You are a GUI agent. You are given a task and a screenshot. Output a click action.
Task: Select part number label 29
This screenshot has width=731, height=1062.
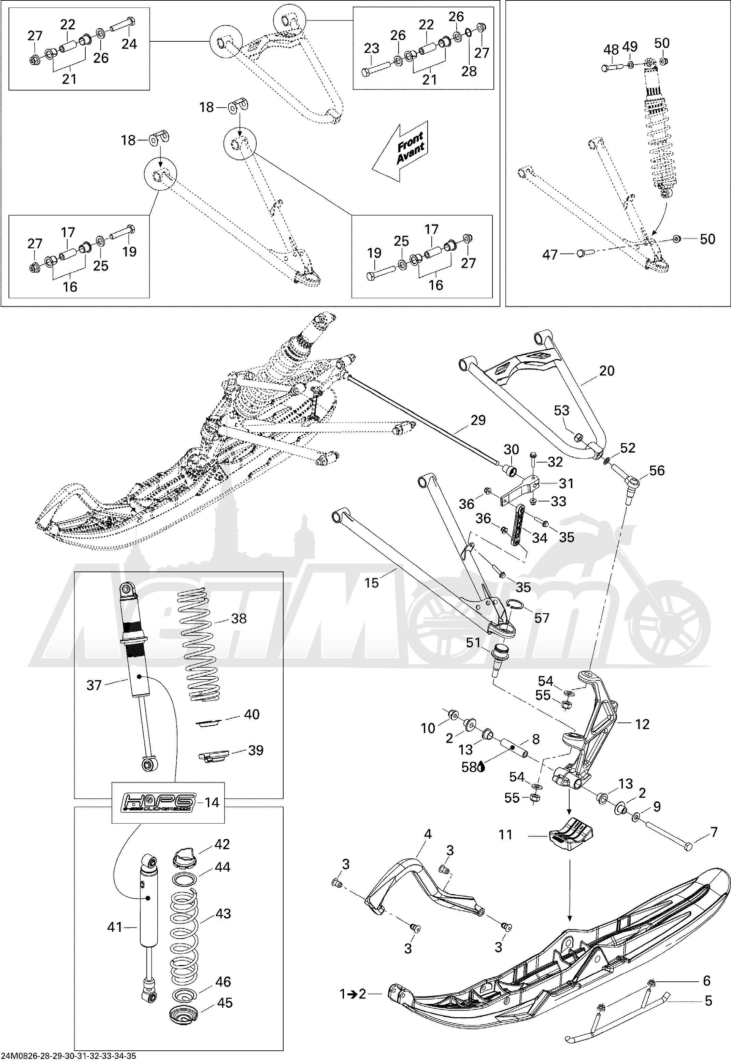pyautogui.click(x=478, y=420)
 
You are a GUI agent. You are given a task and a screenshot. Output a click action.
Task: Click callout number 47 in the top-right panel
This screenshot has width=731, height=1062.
pyautogui.click(x=550, y=254)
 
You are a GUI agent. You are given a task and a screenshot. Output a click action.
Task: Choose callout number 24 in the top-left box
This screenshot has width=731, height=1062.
pyautogui.click(x=129, y=44)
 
